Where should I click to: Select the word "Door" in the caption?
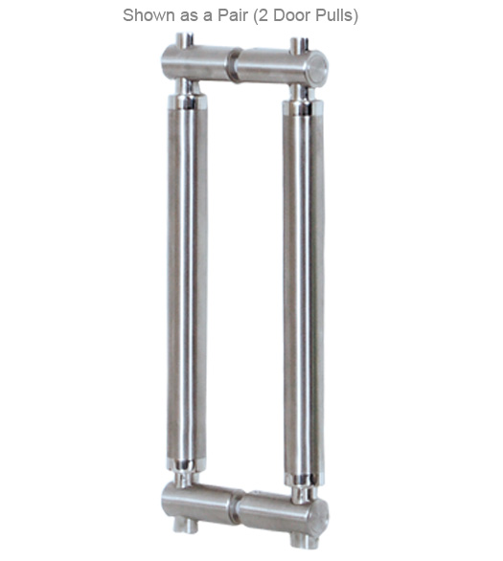point(294,16)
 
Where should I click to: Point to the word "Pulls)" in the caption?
point(337,16)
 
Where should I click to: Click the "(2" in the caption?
point(263,16)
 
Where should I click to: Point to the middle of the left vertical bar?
point(188,287)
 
